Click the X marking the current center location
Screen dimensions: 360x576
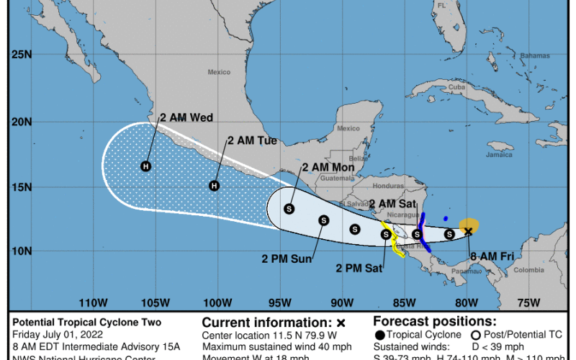pyautogui.click(x=468, y=231)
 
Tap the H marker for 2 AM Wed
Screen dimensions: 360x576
pyautogui.click(x=145, y=166)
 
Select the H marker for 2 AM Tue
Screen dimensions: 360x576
pyautogui.click(x=214, y=186)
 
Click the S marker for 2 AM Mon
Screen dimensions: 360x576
pyautogui.click(x=289, y=209)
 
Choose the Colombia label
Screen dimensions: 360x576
pyautogui.click(x=529, y=270)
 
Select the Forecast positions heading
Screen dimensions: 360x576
pyautogui.click(x=435, y=321)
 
